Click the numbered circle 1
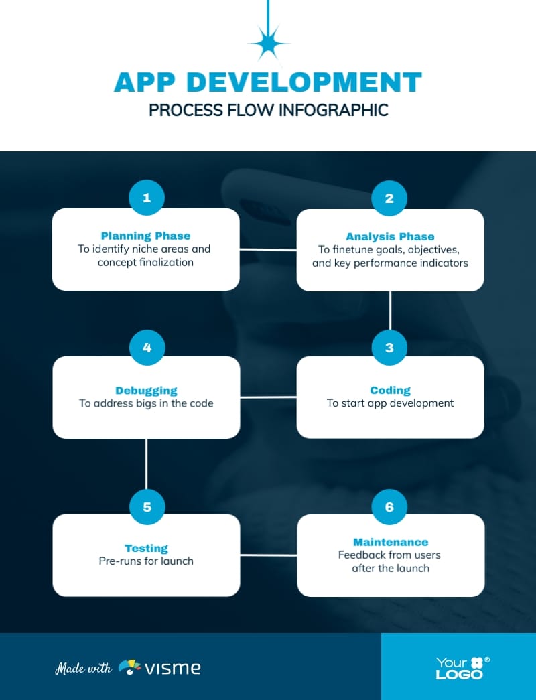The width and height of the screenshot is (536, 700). coord(147,198)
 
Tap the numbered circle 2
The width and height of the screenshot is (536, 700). coord(389,198)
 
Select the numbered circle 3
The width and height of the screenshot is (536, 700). coord(389,348)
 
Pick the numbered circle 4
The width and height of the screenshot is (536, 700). coord(147,348)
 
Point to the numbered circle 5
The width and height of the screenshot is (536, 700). coord(147,506)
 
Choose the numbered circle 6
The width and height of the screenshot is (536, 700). coord(389,506)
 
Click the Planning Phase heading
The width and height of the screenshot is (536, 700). coord(145,236)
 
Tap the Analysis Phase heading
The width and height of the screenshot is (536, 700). coord(390,236)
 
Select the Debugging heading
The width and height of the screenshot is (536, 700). coord(146,390)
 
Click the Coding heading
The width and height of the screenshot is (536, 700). coord(390,390)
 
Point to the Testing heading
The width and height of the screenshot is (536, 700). coord(146,548)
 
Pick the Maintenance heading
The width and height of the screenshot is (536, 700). coord(391,541)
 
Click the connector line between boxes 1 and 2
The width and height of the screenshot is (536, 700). coord(268,249)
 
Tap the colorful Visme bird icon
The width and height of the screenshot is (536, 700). coord(129,667)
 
